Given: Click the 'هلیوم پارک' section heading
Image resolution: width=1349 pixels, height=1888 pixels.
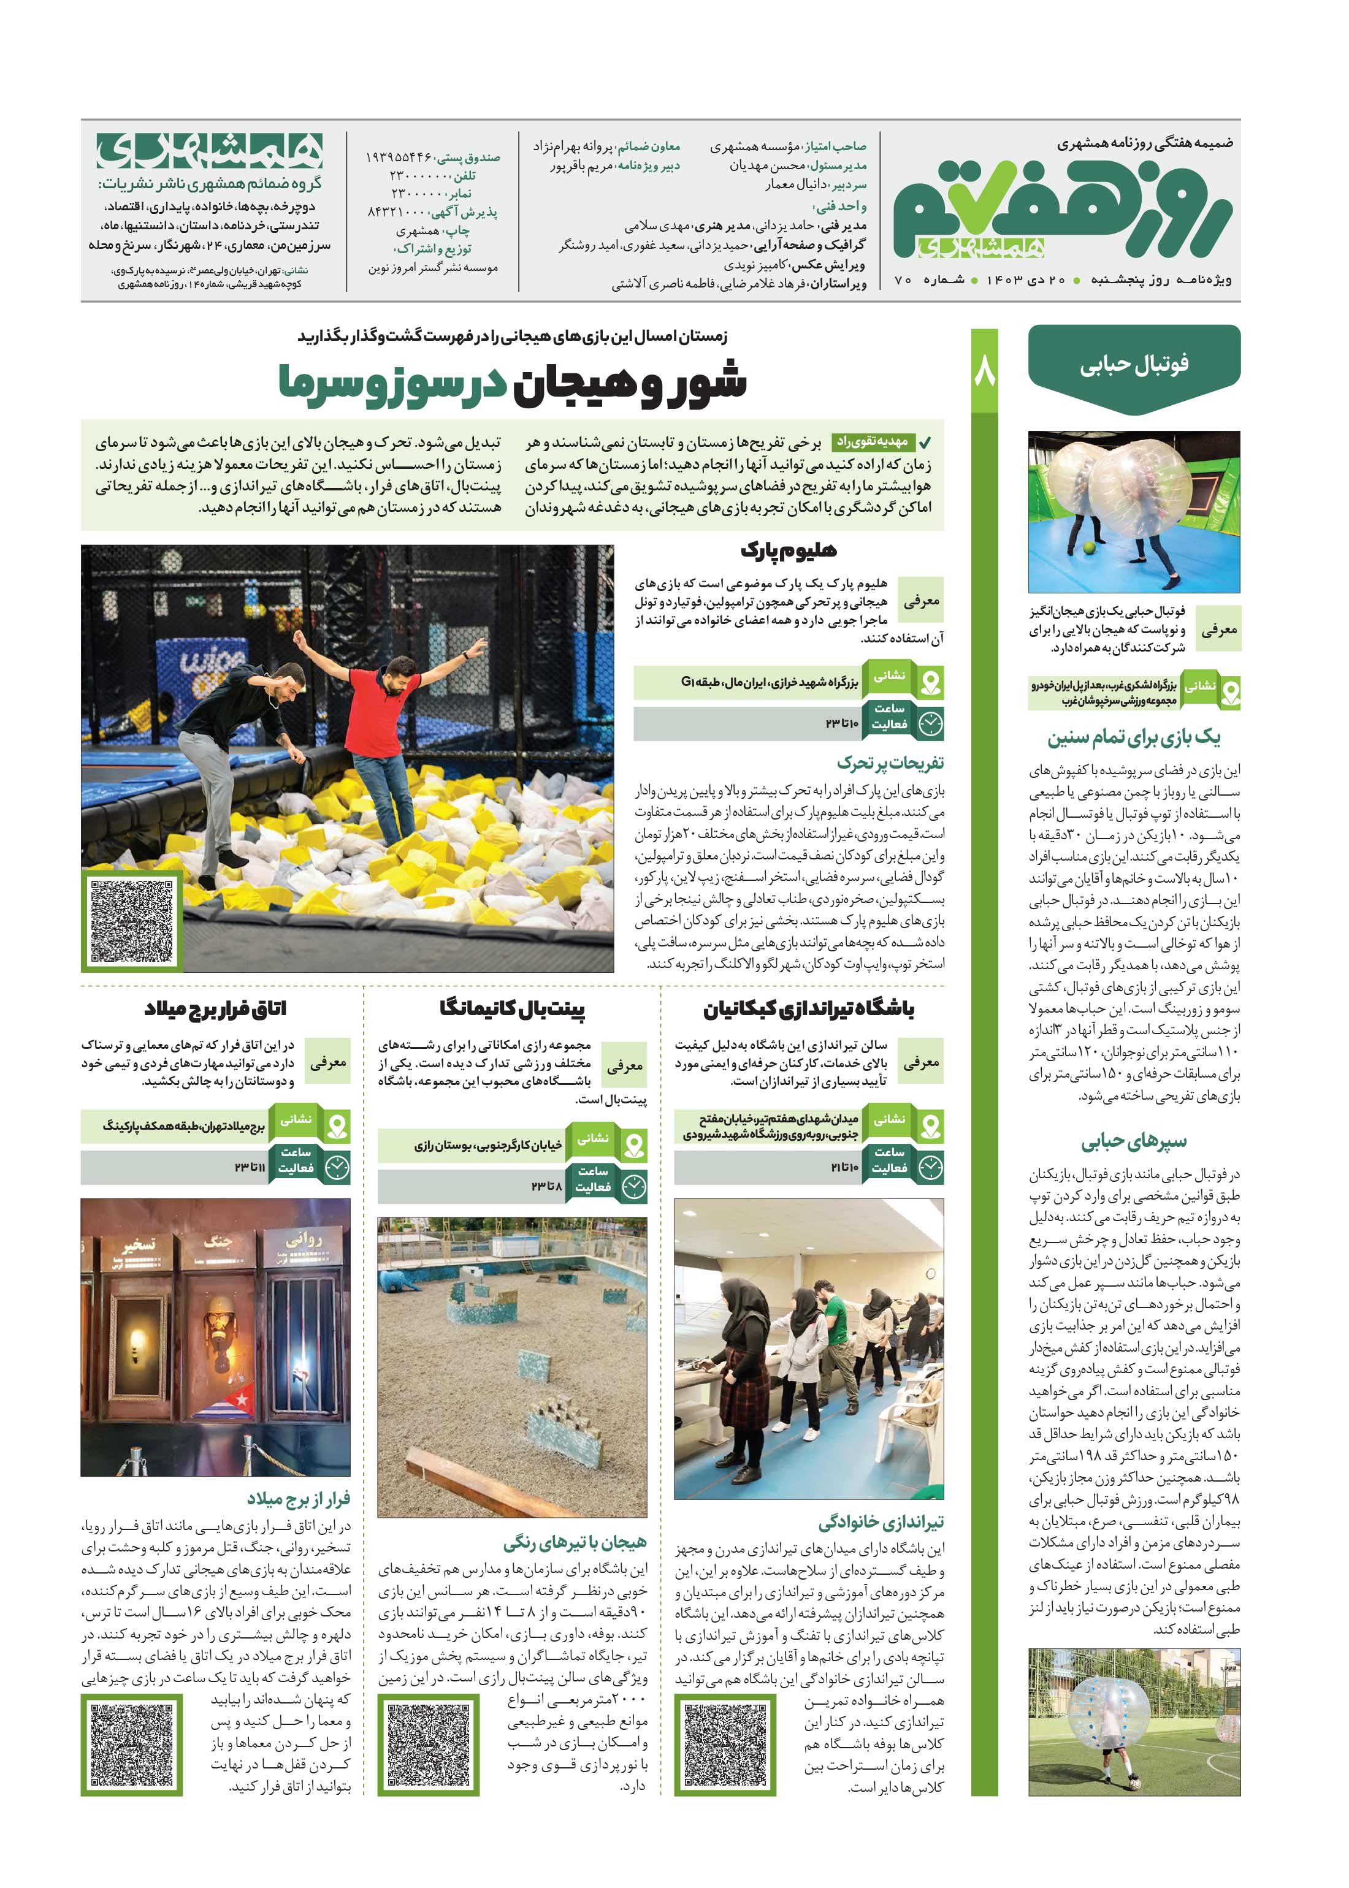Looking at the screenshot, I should pyautogui.click(x=789, y=550).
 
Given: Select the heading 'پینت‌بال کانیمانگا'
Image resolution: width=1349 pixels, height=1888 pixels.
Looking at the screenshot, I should pyautogui.click(x=513, y=1010).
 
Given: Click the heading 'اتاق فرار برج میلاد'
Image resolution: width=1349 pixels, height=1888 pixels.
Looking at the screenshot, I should pyautogui.click(x=215, y=1010).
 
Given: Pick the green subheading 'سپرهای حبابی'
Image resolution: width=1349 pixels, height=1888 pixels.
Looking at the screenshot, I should pyautogui.click(x=1134, y=1141).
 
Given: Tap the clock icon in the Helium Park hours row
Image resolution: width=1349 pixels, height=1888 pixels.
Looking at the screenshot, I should pyautogui.click(x=930, y=724).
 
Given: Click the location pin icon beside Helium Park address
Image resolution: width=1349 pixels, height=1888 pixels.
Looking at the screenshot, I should pyautogui.click(x=930, y=682).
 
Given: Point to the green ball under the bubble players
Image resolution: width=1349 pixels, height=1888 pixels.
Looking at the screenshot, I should pyautogui.click(x=1088, y=547).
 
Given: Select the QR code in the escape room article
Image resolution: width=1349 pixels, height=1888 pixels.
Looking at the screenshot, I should pyautogui.click(x=131, y=1743).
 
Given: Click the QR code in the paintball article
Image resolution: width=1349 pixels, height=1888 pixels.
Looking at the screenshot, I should pyautogui.click(x=429, y=1743).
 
